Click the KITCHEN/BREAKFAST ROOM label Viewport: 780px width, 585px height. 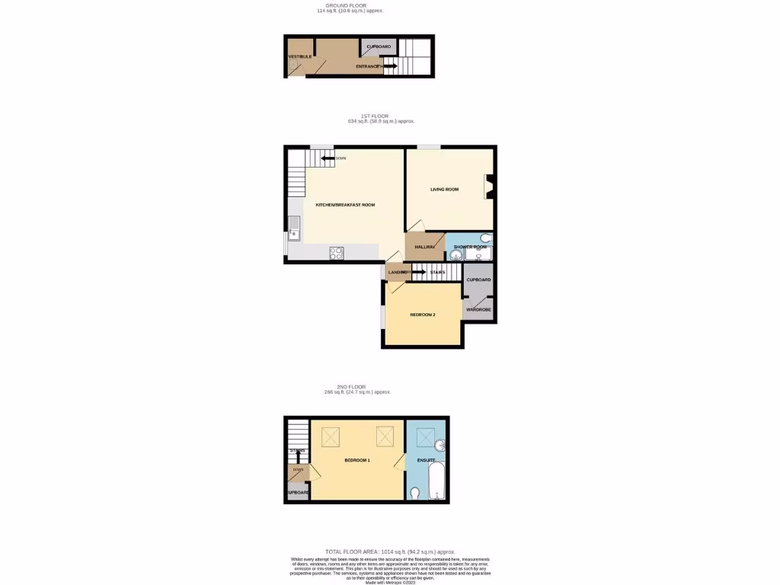[x=340, y=205]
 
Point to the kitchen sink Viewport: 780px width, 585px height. [x=294, y=228]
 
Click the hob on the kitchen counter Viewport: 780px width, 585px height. [x=337, y=254]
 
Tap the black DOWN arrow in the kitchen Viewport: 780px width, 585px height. [x=328, y=158]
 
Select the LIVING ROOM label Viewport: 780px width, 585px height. [x=444, y=189]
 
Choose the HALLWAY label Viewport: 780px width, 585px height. [x=425, y=247]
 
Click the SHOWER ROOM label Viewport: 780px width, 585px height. [x=469, y=247]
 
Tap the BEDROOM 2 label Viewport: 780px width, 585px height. [x=423, y=315]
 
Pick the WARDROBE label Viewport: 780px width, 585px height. [x=478, y=310]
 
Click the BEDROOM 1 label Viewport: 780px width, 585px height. [x=356, y=461]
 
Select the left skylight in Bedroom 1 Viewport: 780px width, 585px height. [x=331, y=436]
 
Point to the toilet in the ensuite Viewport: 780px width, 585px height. [x=414, y=494]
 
